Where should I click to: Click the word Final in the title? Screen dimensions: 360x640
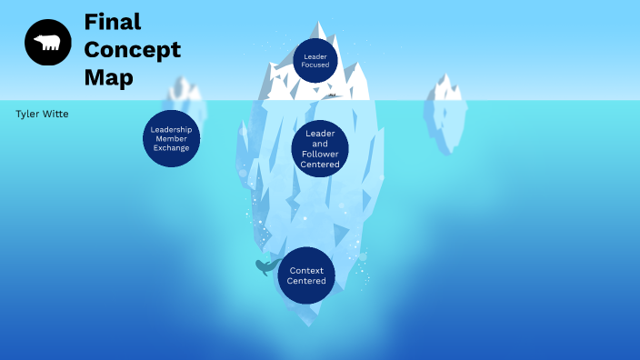coord(112,21)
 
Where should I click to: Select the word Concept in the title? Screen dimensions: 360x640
coord(132,49)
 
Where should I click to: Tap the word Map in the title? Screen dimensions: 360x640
coord(108,78)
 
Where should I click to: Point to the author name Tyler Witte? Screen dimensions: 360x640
coord(42,114)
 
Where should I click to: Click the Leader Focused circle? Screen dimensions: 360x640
coord(315,61)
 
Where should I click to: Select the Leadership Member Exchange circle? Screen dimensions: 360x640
coord(171,138)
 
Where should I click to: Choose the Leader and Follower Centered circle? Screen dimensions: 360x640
coord(320,149)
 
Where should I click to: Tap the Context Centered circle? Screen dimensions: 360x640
coord(306,275)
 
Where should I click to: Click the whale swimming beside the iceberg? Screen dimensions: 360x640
coord(265,266)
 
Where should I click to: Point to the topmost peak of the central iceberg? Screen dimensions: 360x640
coord(319,25)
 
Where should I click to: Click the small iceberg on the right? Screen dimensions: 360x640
coord(445,114)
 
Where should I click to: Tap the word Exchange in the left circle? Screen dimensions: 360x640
coord(171,147)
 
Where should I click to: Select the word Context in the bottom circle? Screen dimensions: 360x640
coord(306,271)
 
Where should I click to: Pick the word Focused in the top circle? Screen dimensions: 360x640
coord(315,65)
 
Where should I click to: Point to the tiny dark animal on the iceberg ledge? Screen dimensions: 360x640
coord(333,95)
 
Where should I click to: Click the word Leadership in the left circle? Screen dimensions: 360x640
coord(171,129)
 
